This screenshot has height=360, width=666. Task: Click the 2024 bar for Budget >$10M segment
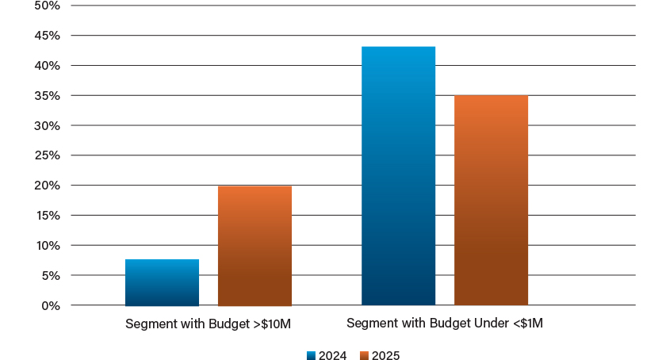coord(162,282)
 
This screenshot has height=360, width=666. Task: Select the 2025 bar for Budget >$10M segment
coord(255,246)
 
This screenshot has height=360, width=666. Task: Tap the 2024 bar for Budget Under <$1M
coord(398,176)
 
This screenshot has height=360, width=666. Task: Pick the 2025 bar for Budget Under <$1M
coord(491,200)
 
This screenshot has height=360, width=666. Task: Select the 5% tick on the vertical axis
coord(50,276)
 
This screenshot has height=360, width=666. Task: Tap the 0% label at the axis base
coord(50,305)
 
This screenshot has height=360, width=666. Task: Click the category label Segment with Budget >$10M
coord(208,324)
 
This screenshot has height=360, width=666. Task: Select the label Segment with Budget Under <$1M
coord(444,324)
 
